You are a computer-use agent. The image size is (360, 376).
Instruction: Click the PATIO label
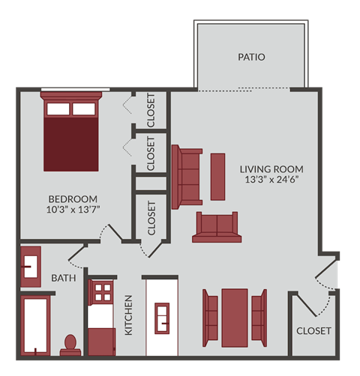[x=251, y=57]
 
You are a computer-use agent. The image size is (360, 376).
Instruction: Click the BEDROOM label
[x=73, y=198]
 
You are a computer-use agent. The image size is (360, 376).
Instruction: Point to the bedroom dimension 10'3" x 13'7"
[x=73, y=210]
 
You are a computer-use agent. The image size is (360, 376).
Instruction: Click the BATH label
[x=64, y=279]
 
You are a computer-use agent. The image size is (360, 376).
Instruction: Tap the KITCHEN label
[x=128, y=315]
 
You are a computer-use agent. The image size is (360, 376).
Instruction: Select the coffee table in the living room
[x=217, y=176]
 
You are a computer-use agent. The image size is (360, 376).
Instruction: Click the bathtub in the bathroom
[x=36, y=326]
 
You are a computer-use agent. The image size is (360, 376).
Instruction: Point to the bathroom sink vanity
[x=31, y=267]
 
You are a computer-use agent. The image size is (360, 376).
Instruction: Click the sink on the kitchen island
[x=163, y=318]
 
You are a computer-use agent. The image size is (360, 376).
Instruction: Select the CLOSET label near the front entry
[x=313, y=330]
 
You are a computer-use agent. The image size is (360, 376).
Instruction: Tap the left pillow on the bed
[x=58, y=109]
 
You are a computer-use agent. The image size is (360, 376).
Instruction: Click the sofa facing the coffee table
[x=187, y=176]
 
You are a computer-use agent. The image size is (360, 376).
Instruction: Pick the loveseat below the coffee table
[x=215, y=227]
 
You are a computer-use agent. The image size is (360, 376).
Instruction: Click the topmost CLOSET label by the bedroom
[x=151, y=109]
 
